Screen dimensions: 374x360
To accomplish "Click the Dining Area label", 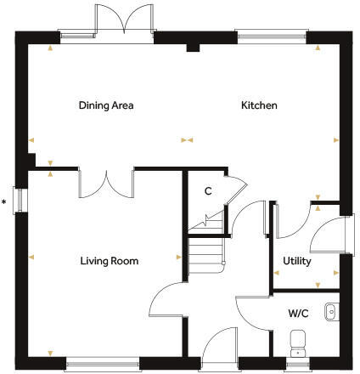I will (106, 106).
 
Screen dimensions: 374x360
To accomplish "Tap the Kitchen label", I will (259, 106).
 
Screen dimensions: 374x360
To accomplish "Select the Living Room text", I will (110, 261).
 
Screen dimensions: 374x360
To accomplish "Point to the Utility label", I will (297, 261).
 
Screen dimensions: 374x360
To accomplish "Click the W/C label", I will (297, 314).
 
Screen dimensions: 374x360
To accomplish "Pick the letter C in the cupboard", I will (207, 191).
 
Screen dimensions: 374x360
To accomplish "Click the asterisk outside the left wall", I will (5, 202).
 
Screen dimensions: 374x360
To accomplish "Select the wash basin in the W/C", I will (331, 313).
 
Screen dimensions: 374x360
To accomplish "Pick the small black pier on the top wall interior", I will (193, 48).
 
